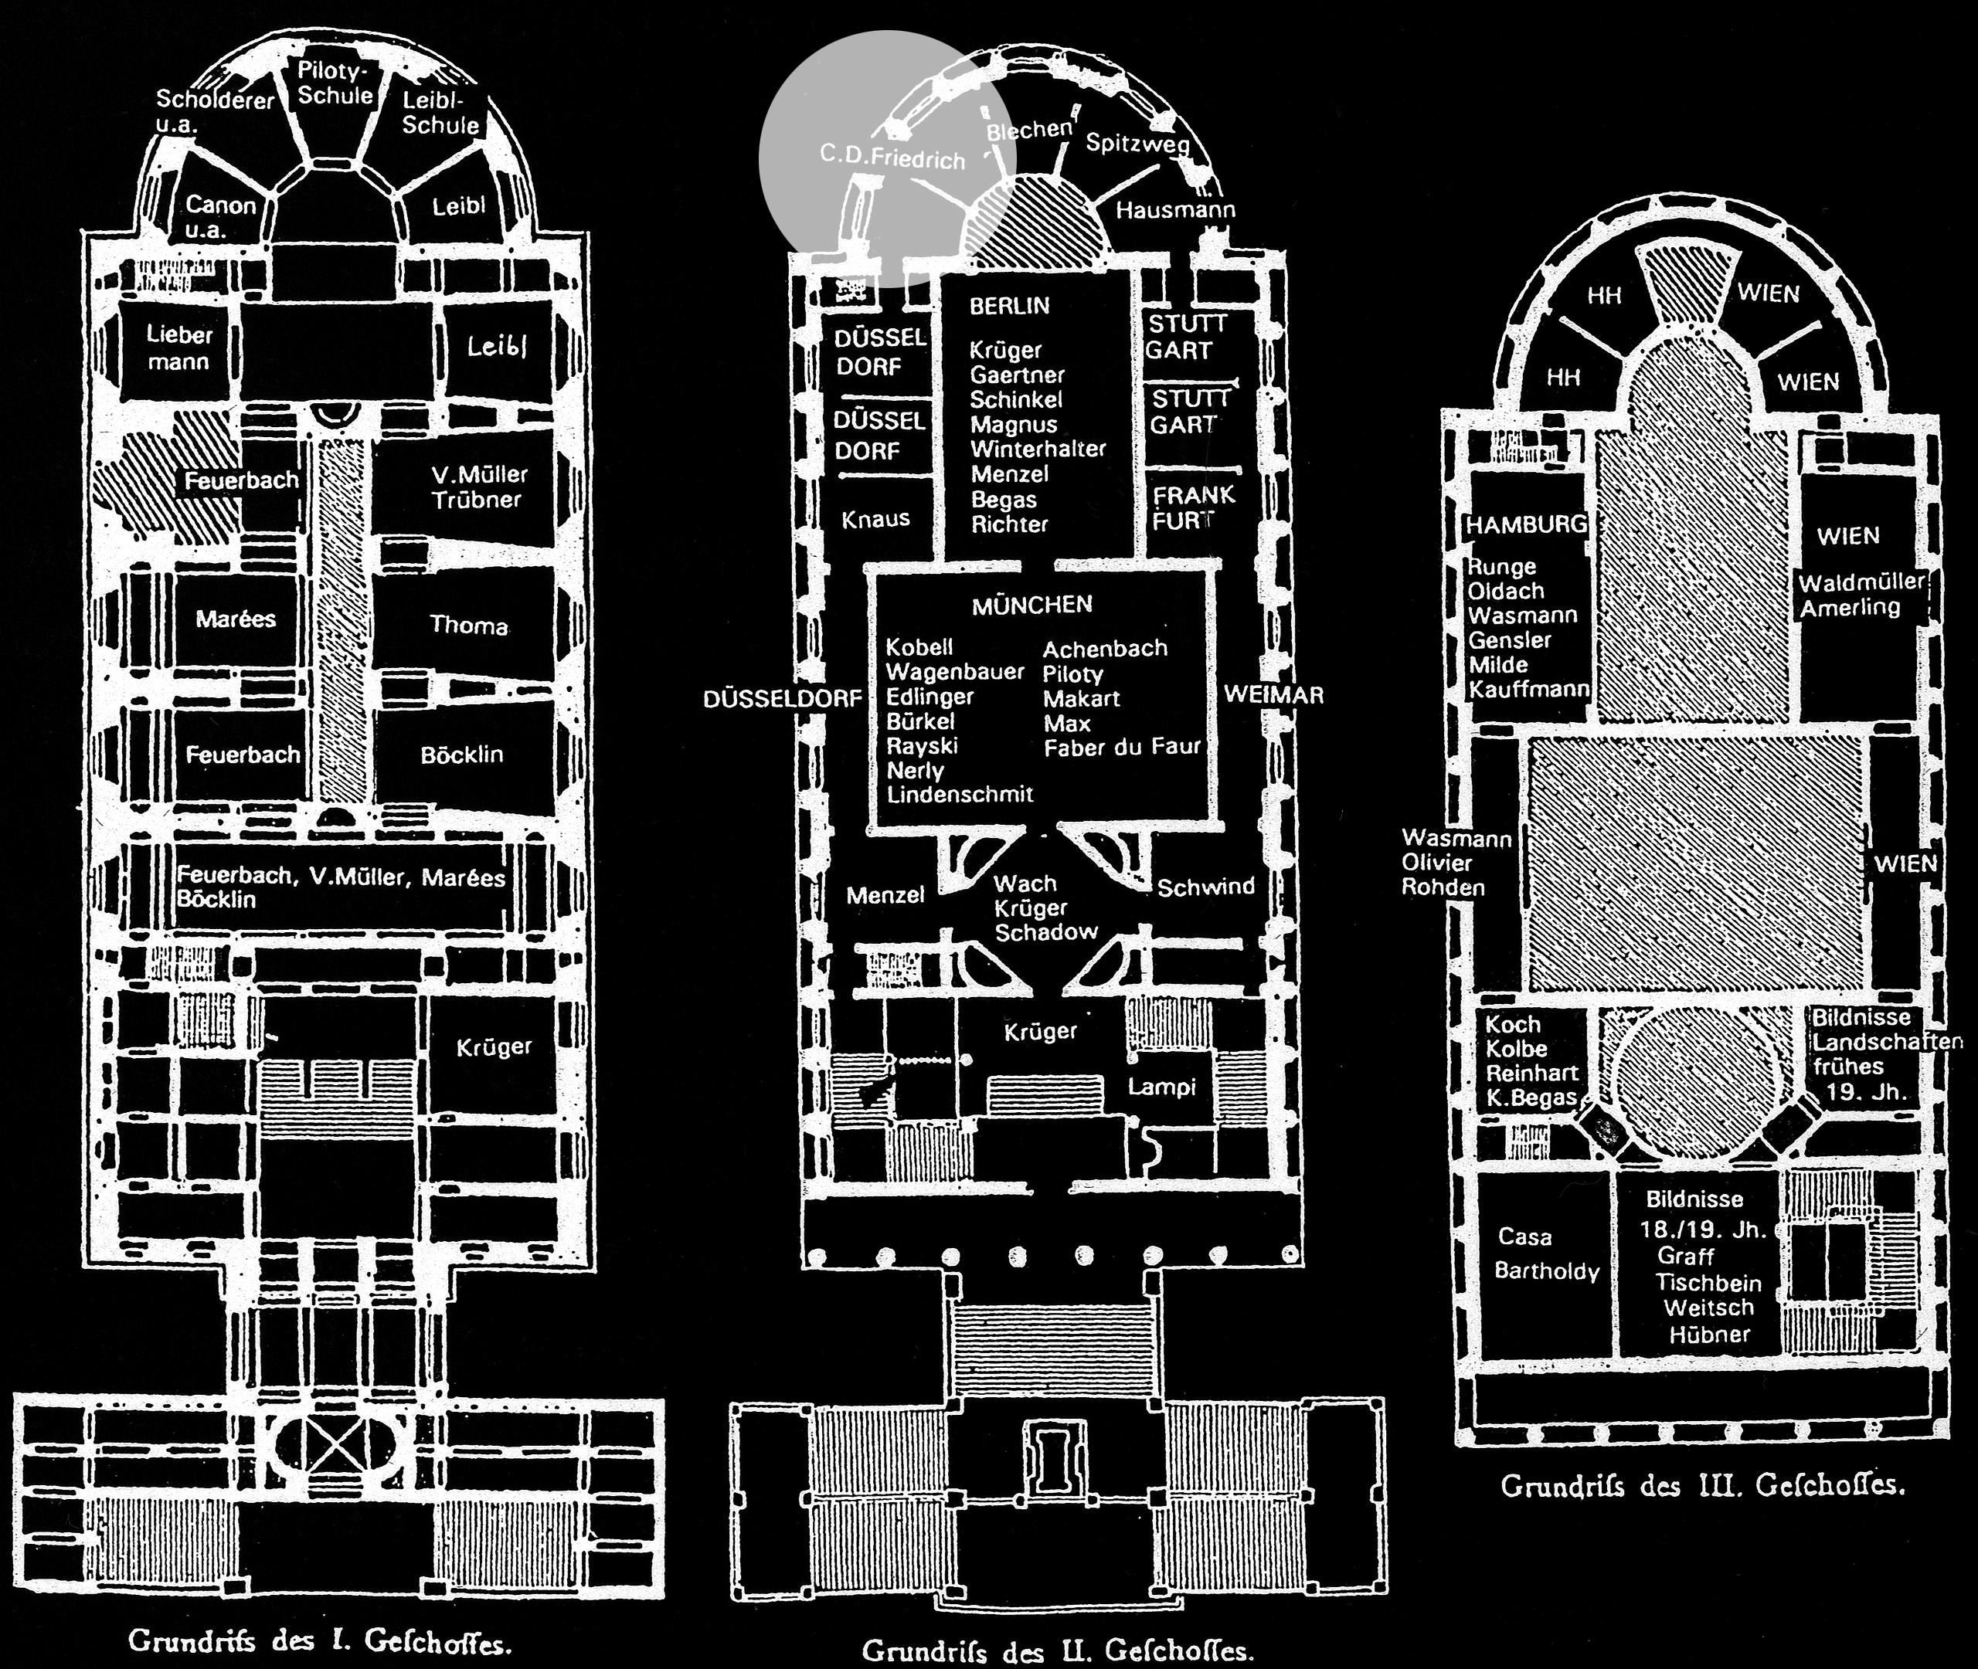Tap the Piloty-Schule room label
pyautogui.click(x=335, y=83)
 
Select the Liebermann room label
pyautogui.click(x=179, y=348)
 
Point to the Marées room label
pyautogui.click(x=236, y=619)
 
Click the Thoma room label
pyautogui.click(x=468, y=625)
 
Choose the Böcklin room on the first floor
pyautogui.click(x=462, y=754)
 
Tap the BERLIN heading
pyautogui.click(x=1009, y=306)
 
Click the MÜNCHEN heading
pyautogui.click(x=1031, y=605)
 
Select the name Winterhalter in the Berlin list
pyautogui.click(x=1037, y=449)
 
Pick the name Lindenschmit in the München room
pyautogui.click(x=960, y=794)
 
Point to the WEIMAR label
pyautogui.click(x=1273, y=694)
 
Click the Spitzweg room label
pyautogui.click(x=1137, y=143)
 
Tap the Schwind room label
pyautogui.click(x=1205, y=887)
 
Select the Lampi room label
pyautogui.click(x=1161, y=1087)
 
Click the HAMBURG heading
pyautogui.click(x=1527, y=524)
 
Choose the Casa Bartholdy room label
pyautogui.click(x=1545, y=1253)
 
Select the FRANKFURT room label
pyautogui.click(x=1192, y=507)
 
